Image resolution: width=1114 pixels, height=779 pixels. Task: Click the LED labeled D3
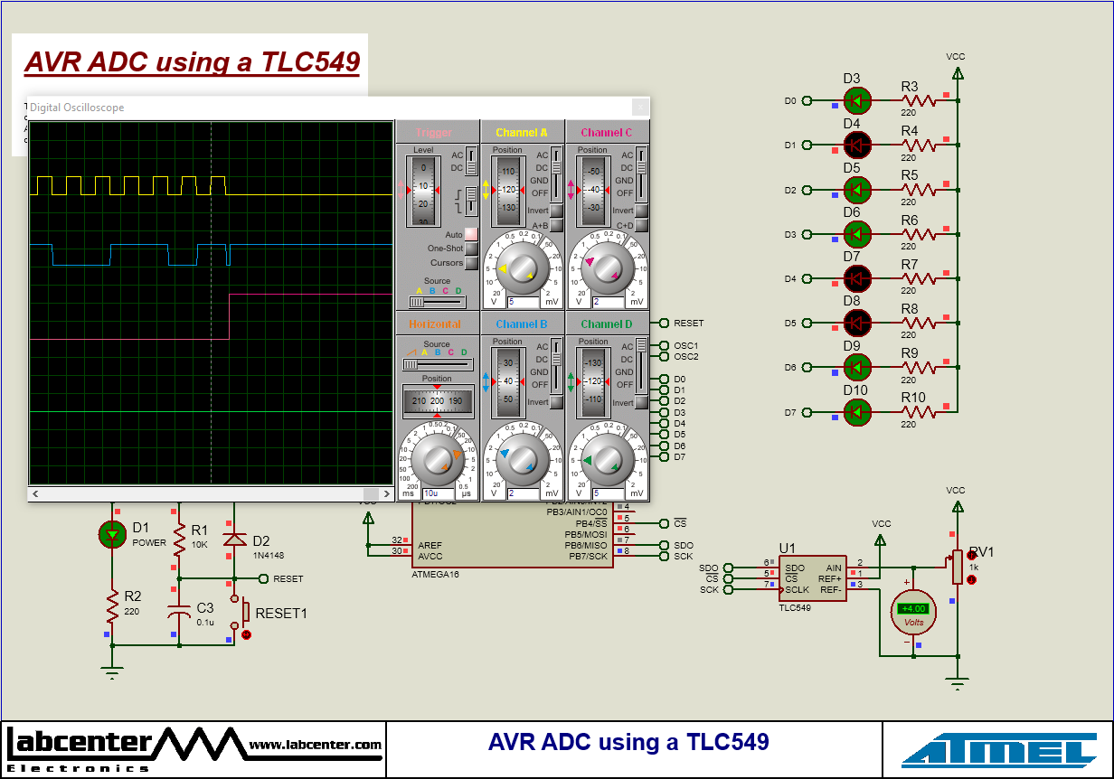856,100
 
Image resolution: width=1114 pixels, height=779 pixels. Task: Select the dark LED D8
856,322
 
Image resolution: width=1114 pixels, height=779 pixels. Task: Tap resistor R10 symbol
918,412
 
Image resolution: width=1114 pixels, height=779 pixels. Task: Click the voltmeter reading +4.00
912,610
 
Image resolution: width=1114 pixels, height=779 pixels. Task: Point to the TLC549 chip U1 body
813,578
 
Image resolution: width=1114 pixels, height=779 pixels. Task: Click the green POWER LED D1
112,534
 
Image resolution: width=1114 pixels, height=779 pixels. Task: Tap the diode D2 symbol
235,540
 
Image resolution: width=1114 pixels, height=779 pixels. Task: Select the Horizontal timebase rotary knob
438,458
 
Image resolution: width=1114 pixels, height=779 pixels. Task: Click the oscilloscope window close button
640,108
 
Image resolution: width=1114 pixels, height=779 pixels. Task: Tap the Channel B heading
523,324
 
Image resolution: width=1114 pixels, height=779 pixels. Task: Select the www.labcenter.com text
315,745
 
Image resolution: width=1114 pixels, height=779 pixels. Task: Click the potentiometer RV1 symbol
957,567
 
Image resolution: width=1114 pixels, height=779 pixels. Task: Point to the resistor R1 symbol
180,540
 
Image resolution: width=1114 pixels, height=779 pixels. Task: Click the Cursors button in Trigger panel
471,263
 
